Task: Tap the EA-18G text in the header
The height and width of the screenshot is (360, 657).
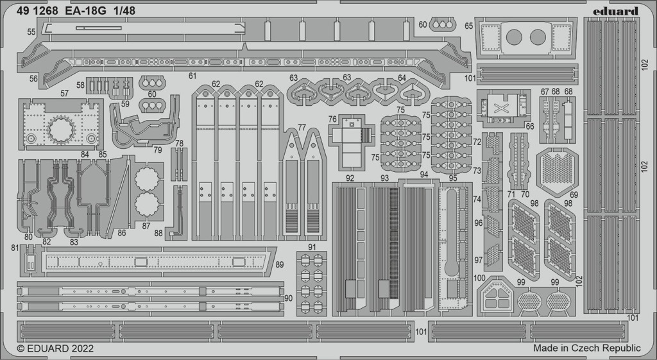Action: (85, 12)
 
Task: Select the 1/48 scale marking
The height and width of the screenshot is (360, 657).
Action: (124, 12)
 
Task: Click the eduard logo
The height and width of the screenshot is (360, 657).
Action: (616, 12)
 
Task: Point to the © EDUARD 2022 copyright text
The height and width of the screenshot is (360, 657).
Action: (55, 348)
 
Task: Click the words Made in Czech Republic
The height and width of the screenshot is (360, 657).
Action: (586, 348)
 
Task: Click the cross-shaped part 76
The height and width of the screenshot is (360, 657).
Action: (352, 141)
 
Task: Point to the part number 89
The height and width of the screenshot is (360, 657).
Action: (280, 264)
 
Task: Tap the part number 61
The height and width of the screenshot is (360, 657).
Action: (192, 76)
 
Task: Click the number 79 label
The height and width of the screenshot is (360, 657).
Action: (158, 150)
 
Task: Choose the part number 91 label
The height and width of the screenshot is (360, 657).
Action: (311, 247)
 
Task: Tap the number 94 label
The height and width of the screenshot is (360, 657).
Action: (424, 175)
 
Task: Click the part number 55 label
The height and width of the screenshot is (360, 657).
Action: (31, 32)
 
